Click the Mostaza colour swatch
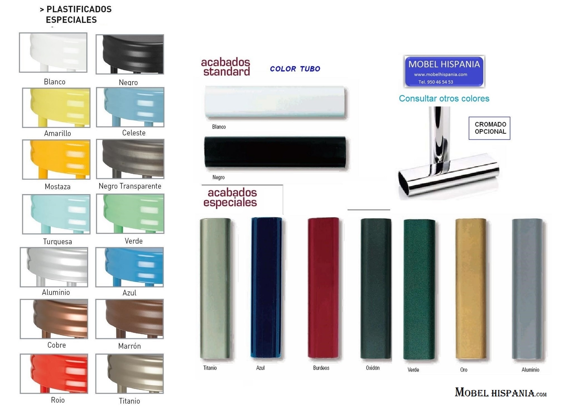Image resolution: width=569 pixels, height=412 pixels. coord(56,159)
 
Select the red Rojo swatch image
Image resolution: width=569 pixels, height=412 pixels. coord(54,374)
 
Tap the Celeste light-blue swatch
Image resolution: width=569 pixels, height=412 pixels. coord(130,107)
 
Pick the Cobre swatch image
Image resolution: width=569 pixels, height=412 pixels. coord(54,319)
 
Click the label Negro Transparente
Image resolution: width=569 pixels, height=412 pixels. coord(130,186)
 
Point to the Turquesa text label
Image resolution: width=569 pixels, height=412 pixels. coord(57,241)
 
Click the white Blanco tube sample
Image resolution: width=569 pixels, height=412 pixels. coord(275,102)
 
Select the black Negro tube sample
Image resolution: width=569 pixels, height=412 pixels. coord(275,152)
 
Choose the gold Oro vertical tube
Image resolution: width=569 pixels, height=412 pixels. coord(471,289)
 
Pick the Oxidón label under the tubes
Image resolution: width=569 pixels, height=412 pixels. coord(373,368)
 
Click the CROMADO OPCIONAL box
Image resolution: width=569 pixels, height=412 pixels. coord(490,128)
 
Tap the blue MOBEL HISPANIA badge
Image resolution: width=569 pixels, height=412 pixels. coord(444,71)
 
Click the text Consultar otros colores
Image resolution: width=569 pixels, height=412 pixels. coord(444,98)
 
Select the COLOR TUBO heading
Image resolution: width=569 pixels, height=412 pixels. coord(295,69)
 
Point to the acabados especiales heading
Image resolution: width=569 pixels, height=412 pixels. coord(230,197)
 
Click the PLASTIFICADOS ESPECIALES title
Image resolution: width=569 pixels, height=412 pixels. coord(76,14)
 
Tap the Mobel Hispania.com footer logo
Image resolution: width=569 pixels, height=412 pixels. coord(500,393)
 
